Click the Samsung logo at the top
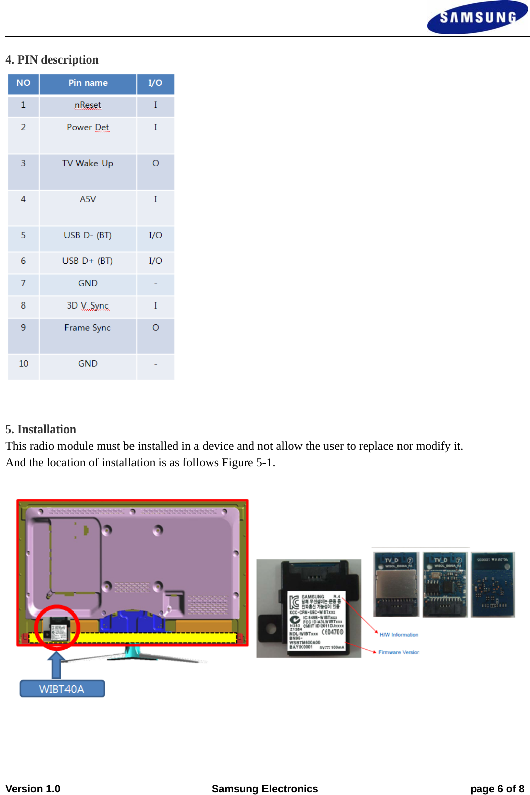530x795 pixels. [x=477, y=18]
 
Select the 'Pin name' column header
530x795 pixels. [x=88, y=83]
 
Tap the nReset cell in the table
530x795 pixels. [x=88, y=105]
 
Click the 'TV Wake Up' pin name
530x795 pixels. [x=88, y=164]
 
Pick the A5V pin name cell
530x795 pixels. [x=88, y=200]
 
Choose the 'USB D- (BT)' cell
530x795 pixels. [x=88, y=236]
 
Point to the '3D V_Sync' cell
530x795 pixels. [x=88, y=306]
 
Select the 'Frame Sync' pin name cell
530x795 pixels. [x=88, y=328]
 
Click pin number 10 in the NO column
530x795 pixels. [x=23, y=364]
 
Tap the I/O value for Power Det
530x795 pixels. [x=155, y=128]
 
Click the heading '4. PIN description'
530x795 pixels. [x=52, y=60]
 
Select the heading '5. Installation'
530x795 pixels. [x=41, y=430]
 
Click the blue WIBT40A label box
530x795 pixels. [x=62, y=689]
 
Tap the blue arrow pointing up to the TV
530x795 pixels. [x=57, y=664]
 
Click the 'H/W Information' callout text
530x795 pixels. [x=399, y=635]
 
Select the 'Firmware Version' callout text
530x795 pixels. [x=399, y=653]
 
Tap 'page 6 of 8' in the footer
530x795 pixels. [x=497, y=789]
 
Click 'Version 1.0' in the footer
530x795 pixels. [x=33, y=789]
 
